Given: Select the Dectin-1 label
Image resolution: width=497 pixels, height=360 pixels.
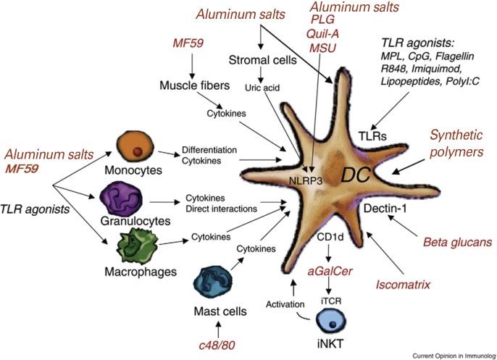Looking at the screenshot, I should [385, 209].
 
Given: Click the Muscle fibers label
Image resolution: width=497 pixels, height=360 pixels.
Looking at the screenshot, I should [191, 87].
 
